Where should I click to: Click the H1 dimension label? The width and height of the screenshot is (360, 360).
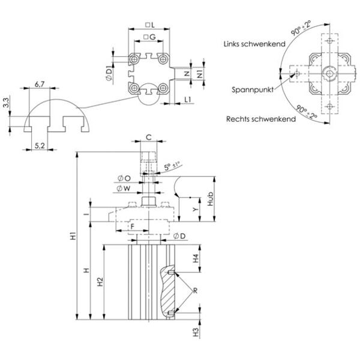coord(72,236)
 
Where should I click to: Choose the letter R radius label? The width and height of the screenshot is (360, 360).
coord(194,291)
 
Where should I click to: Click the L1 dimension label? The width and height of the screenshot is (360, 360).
coord(187,98)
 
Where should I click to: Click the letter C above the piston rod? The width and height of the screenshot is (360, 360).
coord(148,137)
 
